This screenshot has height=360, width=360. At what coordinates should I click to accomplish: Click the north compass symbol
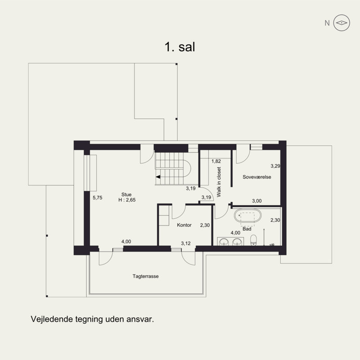342,23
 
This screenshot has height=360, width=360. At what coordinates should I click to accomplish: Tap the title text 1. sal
180,47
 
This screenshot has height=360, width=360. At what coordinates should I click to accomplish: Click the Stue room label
126,194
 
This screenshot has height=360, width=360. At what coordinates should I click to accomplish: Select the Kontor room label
184,225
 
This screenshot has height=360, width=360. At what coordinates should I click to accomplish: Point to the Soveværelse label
256,177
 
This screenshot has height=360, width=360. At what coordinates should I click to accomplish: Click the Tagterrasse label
145,276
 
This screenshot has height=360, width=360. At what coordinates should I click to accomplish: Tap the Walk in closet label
219,182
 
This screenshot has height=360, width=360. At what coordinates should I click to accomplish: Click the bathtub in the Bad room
247,216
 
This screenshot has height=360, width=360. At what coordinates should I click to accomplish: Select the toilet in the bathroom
253,240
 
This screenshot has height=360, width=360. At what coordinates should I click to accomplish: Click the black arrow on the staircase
158,177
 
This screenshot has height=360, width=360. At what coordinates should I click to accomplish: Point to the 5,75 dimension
98,198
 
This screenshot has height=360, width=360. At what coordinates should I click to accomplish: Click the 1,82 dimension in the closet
216,161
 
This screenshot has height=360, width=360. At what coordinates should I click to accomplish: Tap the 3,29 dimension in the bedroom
275,166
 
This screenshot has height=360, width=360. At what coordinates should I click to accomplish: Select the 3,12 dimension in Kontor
186,243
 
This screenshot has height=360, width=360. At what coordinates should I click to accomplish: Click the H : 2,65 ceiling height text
127,200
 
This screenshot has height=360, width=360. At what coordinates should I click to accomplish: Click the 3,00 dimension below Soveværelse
256,201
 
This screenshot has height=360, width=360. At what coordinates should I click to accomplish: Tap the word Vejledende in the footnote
52,319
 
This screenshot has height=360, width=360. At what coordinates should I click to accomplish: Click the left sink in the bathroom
224,242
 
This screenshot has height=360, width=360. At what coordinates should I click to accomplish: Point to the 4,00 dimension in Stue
126,242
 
